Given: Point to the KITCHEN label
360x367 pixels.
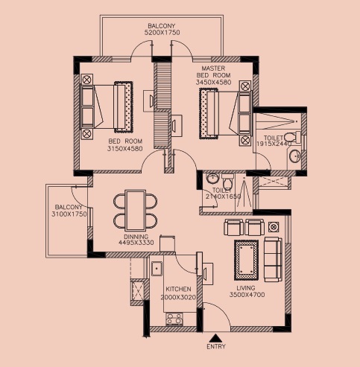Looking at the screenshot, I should point(178,289).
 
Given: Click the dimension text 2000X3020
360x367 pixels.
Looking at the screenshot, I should point(178,297).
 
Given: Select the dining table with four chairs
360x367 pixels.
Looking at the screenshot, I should point(136,210).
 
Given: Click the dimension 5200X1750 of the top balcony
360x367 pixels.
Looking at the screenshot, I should point(162,33).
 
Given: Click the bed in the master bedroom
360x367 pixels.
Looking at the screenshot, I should point(224,112).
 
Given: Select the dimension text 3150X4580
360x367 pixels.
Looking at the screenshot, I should point(123,148).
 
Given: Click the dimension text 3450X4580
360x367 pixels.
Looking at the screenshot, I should point(213,83).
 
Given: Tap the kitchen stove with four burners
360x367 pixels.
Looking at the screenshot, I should point(174,318).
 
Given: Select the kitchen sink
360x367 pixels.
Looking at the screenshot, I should point(157,268).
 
